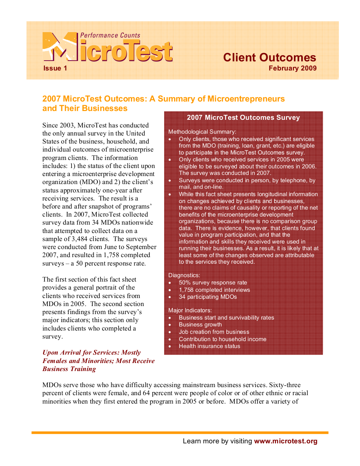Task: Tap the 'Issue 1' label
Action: pos(55,68)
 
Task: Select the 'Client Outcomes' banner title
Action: pos(269,57)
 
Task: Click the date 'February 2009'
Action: pos(292,68)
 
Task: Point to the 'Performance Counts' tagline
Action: pos(110,35)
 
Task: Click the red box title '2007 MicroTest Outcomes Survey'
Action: pos(243,118)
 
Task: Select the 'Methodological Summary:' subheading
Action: pos(202,132)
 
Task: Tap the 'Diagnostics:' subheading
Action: pos(184,275)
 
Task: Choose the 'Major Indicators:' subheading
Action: pos(190,310)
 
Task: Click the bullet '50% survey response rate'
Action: pos(213,283)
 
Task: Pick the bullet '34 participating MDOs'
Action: pos(208,297)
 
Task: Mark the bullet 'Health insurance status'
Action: pos(209,346)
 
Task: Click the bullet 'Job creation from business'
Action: pos(214,332)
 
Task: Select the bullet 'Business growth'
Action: pos(200,325)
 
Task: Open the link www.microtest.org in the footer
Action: pos(286,441)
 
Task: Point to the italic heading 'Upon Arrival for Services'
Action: pos(91,353)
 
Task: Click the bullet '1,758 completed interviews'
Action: pos(214,290)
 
